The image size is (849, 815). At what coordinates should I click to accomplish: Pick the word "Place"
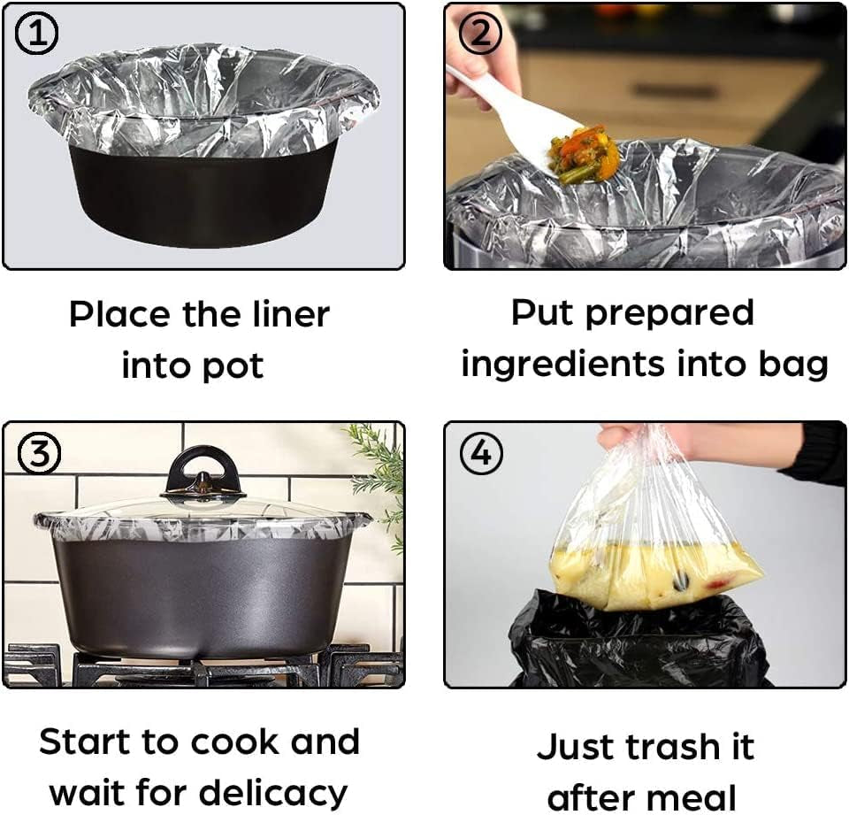pyautogui.click(x=119, y=314)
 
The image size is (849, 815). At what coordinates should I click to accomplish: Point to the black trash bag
pyautogui.click(x=637, y=642)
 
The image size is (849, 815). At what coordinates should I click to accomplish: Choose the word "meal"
pyautogui.click(x=690, y=797)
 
